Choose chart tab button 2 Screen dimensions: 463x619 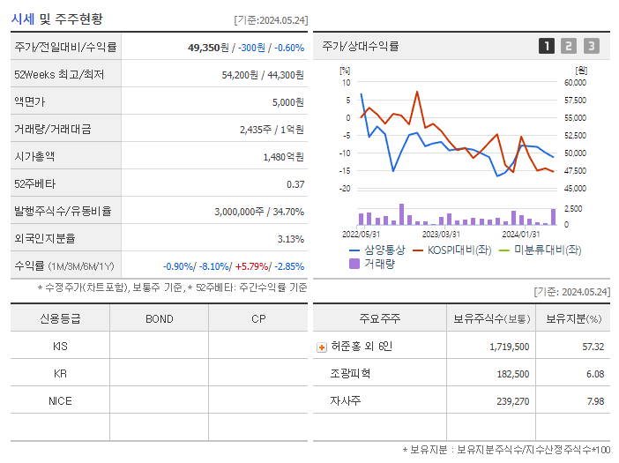point(569,46)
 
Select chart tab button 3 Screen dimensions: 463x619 point(591,46)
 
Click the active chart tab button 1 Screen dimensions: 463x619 point(547,46)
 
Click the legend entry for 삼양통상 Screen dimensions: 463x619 point(379,250)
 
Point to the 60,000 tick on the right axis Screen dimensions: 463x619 point(574,82)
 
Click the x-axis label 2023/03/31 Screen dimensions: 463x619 point(441,234)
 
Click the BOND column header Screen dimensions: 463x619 point(159,318)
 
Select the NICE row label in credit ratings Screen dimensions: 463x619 point(60,400)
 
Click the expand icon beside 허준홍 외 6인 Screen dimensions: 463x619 point(321,347)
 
